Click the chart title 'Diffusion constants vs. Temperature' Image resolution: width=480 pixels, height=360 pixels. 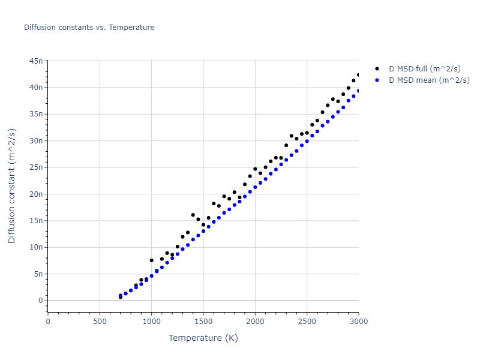tap(89, 28)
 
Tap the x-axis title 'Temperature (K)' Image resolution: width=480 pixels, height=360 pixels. tap(203, 338)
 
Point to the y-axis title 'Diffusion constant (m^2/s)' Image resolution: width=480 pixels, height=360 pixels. tap(12, 186)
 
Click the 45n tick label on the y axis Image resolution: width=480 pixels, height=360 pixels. tap(36, 61)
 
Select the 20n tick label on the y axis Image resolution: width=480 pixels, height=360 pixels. tap(36, 194)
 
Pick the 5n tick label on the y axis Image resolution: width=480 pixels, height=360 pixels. tap(38, 274)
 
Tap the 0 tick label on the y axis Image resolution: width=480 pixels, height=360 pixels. tap(40, 301)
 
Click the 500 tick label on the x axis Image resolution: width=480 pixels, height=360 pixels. tap(100, 321)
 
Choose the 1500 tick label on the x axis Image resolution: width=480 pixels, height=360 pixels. tap(203, 321)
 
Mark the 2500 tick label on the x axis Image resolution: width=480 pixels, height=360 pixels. tap(307, 321)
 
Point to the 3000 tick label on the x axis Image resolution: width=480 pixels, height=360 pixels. tap(358, 321)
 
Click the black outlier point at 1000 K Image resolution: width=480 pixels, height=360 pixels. tap(152, 260)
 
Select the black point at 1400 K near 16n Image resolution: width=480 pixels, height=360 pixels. tap(193, 215)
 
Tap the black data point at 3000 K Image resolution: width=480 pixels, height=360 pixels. tap(359, 75)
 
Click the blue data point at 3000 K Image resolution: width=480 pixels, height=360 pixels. tap(359, 91)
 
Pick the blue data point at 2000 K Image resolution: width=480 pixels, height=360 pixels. tap(255, 187)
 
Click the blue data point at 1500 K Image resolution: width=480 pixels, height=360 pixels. tap(203, 231)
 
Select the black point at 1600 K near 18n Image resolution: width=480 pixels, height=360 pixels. tap(214, 203)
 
